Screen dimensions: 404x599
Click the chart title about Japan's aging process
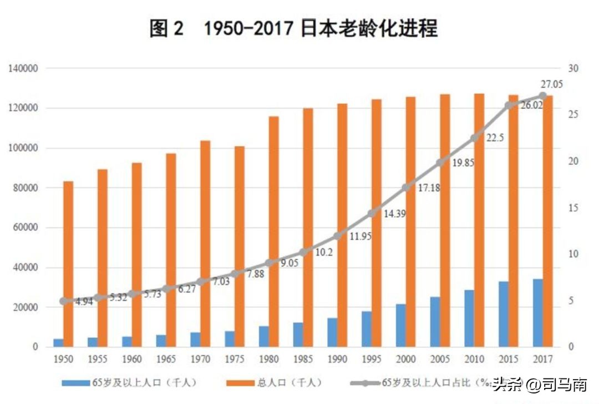(x=293, y=28)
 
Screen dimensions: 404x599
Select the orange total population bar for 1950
(x=68, y=264)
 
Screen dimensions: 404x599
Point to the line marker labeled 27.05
(x=542, y=96)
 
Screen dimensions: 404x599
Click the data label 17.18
(x=429, y=188)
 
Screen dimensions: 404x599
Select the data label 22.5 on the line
(x=494, y=138)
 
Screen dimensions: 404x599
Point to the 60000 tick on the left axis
(x=25, y=228)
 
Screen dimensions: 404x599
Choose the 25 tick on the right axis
(x=573, y=115)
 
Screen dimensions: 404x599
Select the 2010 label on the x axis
(x=475, y=360)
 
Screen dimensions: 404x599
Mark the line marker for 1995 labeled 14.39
(x=372, y=214)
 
